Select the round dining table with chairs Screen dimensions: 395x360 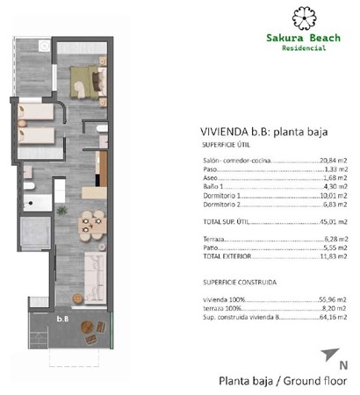(x=88, y=225)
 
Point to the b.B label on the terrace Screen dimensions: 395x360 (x=62, y=320)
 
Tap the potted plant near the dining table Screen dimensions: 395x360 (x=61, y=212)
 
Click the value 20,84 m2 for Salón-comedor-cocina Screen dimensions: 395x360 (x=333, y=162)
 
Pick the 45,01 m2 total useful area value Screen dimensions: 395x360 (x=333, y=221)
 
